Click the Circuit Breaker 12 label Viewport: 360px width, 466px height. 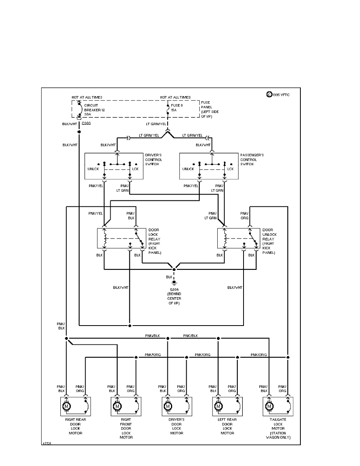pyautogui.click(x=95, y=110)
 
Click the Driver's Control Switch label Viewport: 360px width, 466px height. pyautogui.click(x=153, y=160)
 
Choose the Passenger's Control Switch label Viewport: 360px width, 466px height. pyautogui.click(x=252, y=160)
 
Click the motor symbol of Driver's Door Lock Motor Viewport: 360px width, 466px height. pyautogui.click(x=167, y=406)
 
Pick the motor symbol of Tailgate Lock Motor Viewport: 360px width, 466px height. pyautogui.click(x=269, y=406)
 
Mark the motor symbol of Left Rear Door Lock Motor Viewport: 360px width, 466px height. pyautogui.click(x=218, y=406)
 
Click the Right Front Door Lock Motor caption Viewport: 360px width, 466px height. pyautogui.click(x=126, y=428)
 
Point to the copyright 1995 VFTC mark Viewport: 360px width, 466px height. pyautogui.click(x=278, y=95)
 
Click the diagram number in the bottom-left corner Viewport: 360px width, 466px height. pyautogui.click(x=47, y=444)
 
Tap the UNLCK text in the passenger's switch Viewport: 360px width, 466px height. pyautogui.click(x=188, y=169)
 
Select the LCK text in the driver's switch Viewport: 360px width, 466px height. pyautogui.click(x=136, y=169)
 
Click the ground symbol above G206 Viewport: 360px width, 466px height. pyautogui.click(x=174, y=282)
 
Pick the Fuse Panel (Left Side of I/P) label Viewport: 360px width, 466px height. pyautogui.click(x=210, y=109)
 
